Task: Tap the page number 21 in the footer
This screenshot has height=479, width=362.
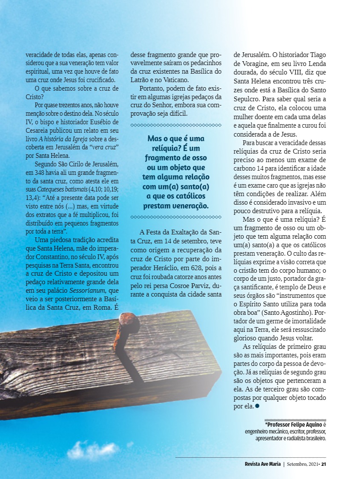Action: click(x=324, y=464)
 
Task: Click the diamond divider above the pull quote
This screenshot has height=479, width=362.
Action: click(x=175, y=125)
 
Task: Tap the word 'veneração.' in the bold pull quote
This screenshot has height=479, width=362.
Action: click(x=189, y=206)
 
